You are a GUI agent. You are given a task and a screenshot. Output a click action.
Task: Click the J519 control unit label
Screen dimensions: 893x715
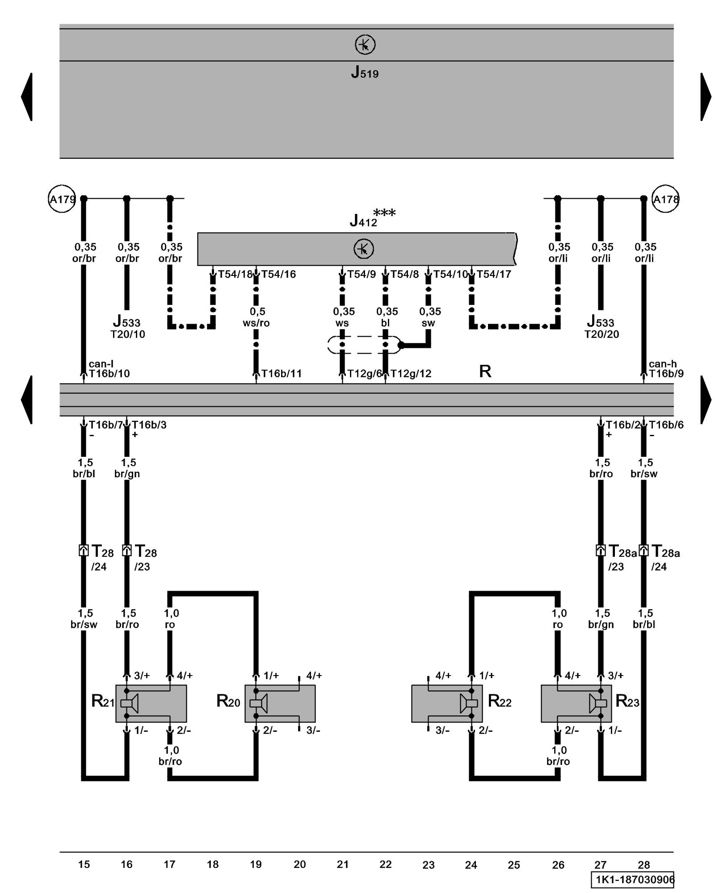pyautogui.click(x=365, y=72)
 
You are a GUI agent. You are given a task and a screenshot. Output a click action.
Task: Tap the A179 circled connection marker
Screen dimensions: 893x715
pyautogui.click(x=61, y=199)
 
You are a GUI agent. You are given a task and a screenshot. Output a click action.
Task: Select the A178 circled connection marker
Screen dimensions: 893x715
pyautogui.click(x=665, y=199)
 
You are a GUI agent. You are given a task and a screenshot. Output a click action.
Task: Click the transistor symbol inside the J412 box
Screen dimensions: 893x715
pyautogui.click(x=364, y=249)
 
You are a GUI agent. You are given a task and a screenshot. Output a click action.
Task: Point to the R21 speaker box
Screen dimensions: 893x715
pyautogui.click(x=151, y=703)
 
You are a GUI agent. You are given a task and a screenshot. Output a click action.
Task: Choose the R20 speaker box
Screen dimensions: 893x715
pyautogui.click(x=280, y=703)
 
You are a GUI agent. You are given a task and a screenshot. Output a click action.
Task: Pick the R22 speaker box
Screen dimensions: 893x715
pyautogui.click(x=446, y=703)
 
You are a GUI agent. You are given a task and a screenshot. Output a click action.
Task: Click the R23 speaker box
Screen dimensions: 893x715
pyautogui.click(x=576, y=703)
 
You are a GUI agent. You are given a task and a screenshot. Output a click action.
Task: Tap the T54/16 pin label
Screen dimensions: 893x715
pyautogui.click(x=278, y=274)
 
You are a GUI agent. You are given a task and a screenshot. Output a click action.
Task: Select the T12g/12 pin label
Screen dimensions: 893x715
pyautogui.click(x=411, y=374)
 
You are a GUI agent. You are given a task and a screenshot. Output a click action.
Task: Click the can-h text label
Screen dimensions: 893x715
pyautogui.click(x=663, y=364)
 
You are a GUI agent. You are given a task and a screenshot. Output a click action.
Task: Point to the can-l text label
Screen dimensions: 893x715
pyautogui.click(x=101, y=364)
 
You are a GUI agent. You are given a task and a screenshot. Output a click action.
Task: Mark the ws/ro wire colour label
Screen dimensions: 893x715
pyautogui.click(x=256, y=323)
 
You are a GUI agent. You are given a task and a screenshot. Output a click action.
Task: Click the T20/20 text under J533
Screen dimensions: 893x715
pyautogui.click(x=601, y=334)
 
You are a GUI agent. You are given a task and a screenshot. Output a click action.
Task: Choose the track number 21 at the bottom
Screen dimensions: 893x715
pyautogui.click(x=342, y=864)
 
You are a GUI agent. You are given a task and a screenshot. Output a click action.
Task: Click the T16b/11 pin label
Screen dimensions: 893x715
pyautogui.click(x=282, y=374)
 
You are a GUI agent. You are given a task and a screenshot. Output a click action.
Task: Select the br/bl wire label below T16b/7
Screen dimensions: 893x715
pyautogui.click(x=84, y=474)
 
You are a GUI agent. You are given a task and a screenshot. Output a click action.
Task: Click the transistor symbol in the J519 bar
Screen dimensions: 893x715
pyautogui.click(x=365, y=45)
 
